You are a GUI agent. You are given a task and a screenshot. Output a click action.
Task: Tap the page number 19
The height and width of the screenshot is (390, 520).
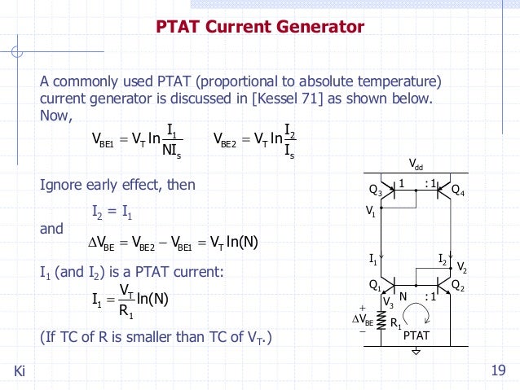pos(500,372)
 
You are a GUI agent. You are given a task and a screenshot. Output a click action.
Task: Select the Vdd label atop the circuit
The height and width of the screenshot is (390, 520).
pos(416,165)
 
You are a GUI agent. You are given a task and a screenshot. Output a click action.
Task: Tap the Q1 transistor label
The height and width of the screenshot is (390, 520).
pos(375,286)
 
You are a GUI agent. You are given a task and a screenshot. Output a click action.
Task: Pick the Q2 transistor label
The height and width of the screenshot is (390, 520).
pos(457,287)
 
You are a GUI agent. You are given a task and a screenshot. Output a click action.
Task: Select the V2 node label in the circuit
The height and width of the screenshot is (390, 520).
pos(462,267)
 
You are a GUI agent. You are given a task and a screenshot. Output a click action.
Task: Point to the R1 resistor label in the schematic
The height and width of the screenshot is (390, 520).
pos(397,323)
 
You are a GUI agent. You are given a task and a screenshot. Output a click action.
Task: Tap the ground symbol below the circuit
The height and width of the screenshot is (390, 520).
pos(416,352)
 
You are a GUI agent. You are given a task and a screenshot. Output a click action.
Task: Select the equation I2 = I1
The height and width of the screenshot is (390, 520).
pos(112,214)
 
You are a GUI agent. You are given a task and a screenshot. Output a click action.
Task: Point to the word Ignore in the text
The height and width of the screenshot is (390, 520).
pos(62,185)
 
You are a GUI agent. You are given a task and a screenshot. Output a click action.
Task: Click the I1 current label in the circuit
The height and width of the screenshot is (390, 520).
pos(372,261)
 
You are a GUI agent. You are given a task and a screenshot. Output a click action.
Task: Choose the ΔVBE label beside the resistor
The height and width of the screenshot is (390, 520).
pos(363,320)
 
